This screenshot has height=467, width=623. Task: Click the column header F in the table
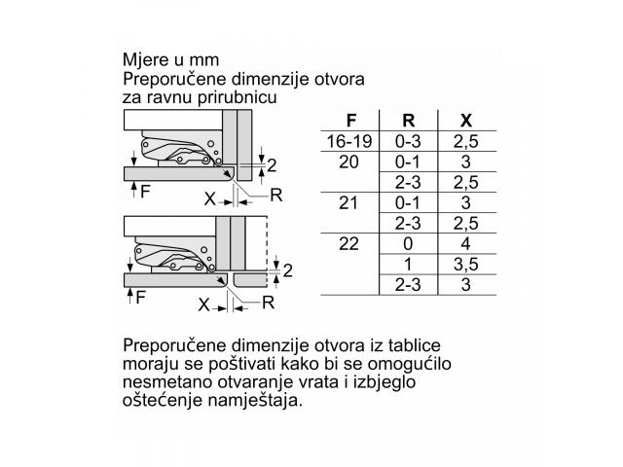click(350, 120)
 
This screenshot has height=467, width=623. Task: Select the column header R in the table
click(409, 120)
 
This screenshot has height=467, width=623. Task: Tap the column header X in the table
click(466, 120)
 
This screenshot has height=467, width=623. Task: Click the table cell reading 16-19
click(349, 141)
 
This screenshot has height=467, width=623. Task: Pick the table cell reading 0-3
click(409, 141)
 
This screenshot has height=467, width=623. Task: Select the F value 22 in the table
click(348, 243)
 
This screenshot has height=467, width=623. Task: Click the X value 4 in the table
click(465, 243)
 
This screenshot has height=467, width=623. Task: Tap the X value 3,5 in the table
click(466, 265)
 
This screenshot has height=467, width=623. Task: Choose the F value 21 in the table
click(348, 203)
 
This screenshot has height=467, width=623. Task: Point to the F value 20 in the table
click(348, 162)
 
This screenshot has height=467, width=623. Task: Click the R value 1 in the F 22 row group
click(408, 264)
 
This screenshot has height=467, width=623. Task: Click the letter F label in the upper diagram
click(145, 192)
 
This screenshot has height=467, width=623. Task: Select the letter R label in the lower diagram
click(269, 303)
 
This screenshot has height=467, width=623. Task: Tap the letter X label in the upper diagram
click(210, 198)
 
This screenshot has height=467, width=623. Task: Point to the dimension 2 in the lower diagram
click(288, 270)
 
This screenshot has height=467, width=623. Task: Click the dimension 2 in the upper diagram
click(272, 165)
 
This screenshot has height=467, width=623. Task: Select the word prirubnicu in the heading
click(238, 98)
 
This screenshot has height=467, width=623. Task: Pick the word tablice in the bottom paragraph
click(415, 344)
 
